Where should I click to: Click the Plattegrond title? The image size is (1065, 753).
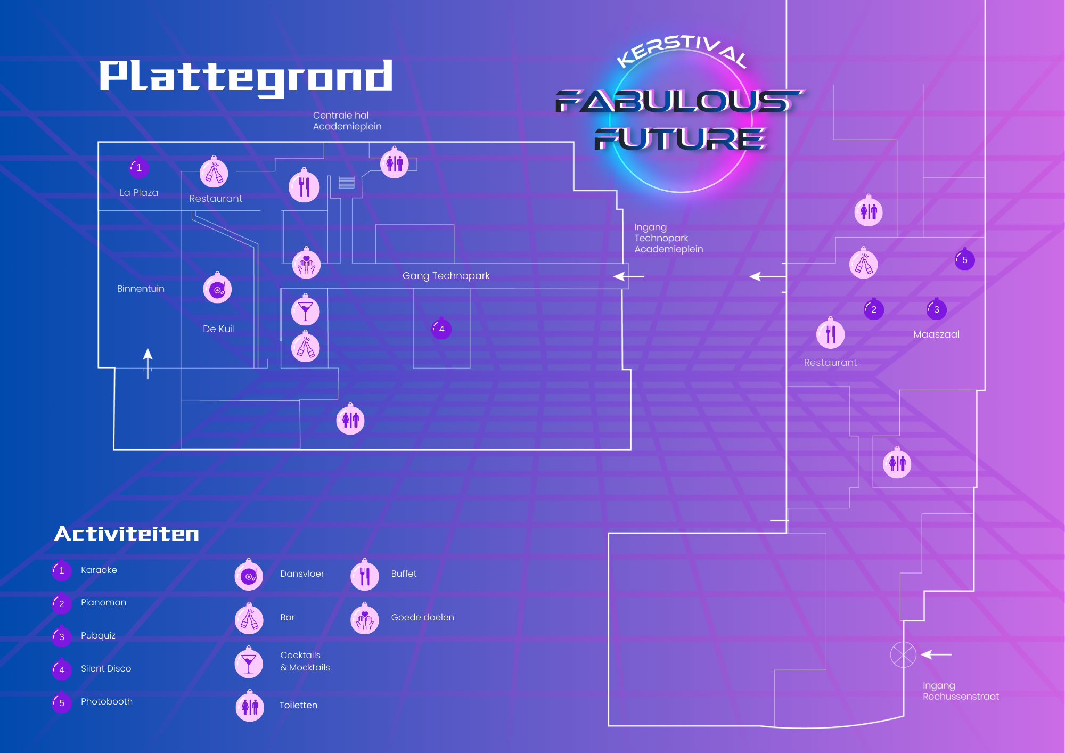(246, 77)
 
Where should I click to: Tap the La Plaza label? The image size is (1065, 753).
(139, 193)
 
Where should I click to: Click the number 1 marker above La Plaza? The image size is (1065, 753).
(139, 168)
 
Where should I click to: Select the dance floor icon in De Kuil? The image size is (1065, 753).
(217, 289)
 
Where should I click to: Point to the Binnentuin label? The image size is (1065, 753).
(141, 289)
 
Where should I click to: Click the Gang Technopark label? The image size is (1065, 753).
(446, 276)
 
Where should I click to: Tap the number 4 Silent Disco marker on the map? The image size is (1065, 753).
(441, 329)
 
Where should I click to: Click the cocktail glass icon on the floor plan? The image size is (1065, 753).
(305, 312)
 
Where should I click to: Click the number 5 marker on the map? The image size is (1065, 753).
(964, 260)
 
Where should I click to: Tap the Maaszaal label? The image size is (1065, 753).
(936, 334)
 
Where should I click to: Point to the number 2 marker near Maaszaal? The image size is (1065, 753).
(873, 309)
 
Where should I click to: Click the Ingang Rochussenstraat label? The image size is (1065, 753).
(960, 691)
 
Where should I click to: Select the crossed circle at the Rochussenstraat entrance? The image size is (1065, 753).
(903, 654)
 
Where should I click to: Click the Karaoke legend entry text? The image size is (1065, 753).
(99, 570)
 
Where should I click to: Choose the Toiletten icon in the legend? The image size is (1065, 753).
(250, 707)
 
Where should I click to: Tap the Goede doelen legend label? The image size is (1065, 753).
(422, 617)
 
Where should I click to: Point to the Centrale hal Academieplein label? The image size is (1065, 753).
(347, 121)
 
